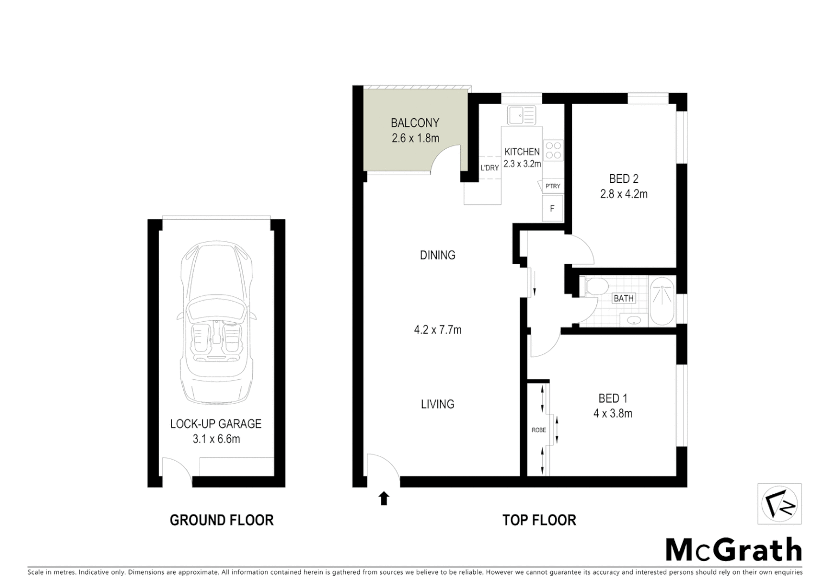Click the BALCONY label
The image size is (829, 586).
point(414,123)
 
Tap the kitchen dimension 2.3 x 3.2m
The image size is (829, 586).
point(522,163)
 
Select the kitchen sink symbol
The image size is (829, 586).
point(521,115)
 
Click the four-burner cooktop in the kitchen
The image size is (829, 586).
point(553,150)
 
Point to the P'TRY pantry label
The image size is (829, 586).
point(552,186)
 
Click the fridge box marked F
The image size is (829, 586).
point(552,208)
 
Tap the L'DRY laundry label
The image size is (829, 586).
point(489,168)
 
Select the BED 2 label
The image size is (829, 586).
point(623,179)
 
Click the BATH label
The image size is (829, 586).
point(623,298)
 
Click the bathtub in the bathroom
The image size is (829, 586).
point(662,301)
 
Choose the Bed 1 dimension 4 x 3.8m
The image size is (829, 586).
point(613,413)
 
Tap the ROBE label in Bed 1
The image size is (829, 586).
point(538,430)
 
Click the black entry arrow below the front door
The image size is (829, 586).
point(384,498)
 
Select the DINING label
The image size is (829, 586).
point(437,255)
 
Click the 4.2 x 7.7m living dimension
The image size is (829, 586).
point(437,329)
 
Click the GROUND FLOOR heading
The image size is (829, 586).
point(221,520)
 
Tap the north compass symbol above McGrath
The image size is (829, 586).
point(779,504)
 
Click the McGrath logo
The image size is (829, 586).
point(733,550)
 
